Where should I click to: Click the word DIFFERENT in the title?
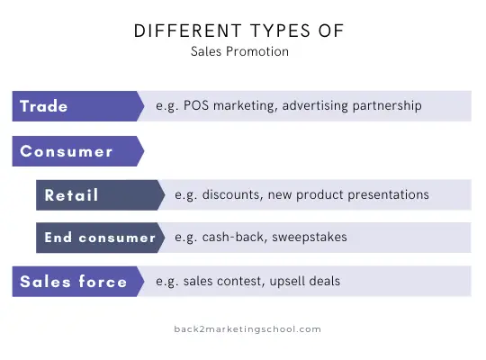point(187,31)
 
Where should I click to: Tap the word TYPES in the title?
point(280,31)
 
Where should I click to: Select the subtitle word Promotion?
point(257,51)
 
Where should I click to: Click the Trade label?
point(44,106)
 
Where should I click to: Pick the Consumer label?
point(66,151)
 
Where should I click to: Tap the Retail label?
point(71,195)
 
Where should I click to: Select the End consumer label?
point(100,238)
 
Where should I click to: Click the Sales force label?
point(74,282)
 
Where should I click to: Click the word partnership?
point(387,106)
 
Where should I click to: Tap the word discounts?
point(232,194)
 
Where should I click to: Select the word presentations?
point(389,195)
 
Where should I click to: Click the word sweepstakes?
point(310,238)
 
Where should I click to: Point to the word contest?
point(240,282)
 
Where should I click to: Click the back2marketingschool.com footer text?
point(247,329)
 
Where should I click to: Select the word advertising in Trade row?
point(315,106)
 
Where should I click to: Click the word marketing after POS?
point(245,106)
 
